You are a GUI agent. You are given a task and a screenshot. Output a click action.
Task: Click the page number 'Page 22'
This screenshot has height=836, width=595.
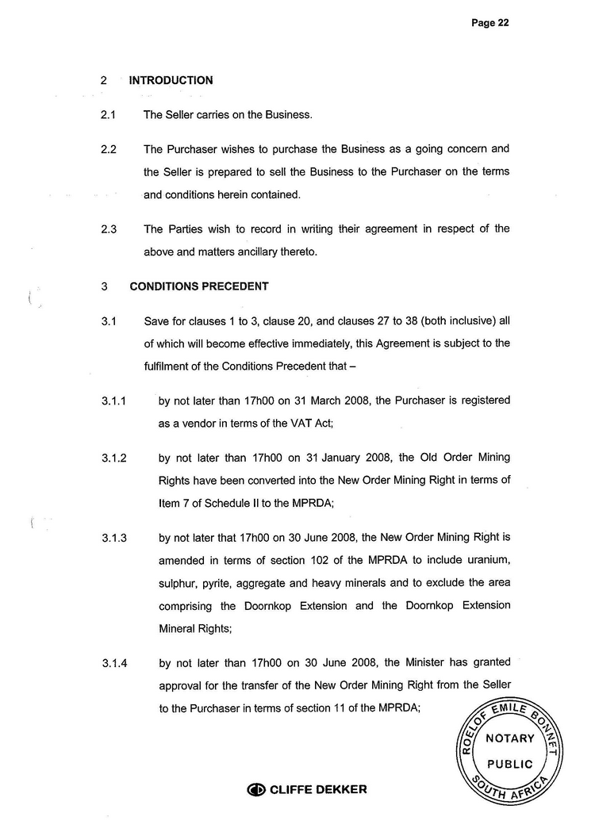click(x=489, y=23)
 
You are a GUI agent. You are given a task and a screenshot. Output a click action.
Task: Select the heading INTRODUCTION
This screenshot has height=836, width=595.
click(x=171, y=80)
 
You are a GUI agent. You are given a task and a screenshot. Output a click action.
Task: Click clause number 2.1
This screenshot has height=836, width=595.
click(x=109, y=115)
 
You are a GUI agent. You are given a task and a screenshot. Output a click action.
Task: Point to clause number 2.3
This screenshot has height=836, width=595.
click(x=109, y=229)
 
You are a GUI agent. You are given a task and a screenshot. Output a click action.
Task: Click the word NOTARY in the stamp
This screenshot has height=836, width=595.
click(x=510, y=738)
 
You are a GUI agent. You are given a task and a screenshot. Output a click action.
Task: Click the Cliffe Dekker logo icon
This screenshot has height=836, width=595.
click(x=256, y=789)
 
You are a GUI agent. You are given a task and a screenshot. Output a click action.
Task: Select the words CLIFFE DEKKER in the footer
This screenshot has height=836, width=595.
click(x=318, y=789)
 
